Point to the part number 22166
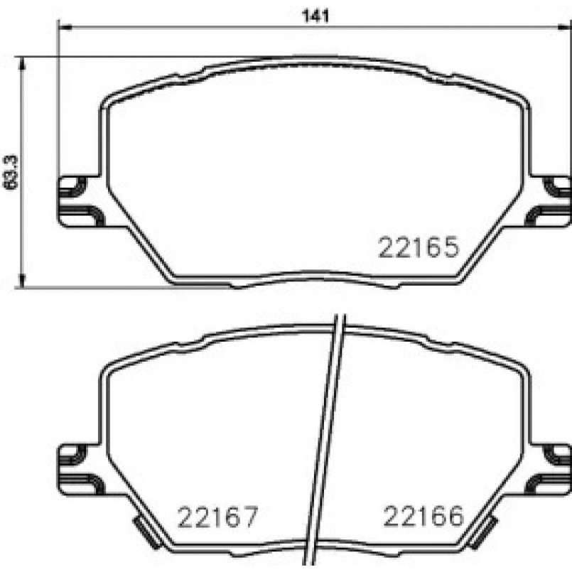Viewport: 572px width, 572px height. [x=423, y=517]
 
